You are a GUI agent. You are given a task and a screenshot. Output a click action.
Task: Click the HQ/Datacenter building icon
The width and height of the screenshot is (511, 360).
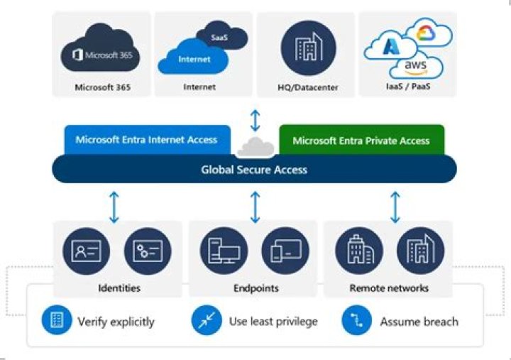308,50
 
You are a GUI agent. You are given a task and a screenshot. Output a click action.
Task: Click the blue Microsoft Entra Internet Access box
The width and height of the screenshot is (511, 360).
146,140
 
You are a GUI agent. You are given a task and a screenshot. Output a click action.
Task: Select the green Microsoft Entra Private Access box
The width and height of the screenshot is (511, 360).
361,140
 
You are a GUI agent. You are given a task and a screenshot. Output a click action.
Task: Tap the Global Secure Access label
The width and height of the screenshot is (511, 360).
254,169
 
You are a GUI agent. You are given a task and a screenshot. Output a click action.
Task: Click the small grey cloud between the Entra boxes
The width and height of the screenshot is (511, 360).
255,147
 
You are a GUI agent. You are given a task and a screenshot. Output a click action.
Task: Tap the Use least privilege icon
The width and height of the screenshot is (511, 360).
206,321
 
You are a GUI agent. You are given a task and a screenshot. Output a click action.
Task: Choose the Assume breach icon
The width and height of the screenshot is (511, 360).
356,321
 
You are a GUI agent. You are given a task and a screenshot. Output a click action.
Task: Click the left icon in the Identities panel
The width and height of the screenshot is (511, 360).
85,251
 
